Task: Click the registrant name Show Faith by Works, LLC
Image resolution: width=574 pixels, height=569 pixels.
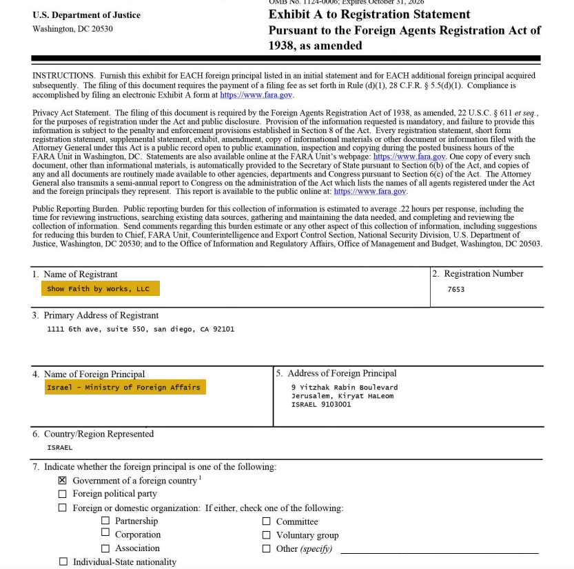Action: point(99,289)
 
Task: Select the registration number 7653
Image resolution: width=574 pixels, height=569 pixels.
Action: point(455,290)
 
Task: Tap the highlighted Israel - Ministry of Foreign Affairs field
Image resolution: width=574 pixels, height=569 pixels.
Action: point(124,388)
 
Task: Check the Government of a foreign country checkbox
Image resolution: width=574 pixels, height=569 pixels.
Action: point(63,480)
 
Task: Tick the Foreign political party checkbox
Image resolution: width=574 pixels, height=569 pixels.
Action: point(63,494)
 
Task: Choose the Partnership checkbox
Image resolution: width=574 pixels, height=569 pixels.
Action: point(105,521)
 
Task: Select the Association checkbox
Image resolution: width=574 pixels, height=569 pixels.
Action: point(105,548)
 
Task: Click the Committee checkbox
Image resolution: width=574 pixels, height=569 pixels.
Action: point(266,521)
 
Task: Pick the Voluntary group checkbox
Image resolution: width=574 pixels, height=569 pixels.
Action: point(266,535)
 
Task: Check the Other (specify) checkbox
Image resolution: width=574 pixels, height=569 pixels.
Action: point(266,549)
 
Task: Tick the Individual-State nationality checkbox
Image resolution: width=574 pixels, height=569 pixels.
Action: point(63,562)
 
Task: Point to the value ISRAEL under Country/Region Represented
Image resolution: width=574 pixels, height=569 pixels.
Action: point(60,448)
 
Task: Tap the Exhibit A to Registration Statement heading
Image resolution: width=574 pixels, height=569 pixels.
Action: point(369,14)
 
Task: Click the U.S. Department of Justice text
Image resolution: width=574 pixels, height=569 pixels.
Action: point(86,15)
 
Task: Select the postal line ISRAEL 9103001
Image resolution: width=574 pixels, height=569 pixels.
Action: point(321,405)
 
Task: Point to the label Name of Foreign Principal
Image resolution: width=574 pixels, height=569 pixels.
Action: point(94,374)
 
